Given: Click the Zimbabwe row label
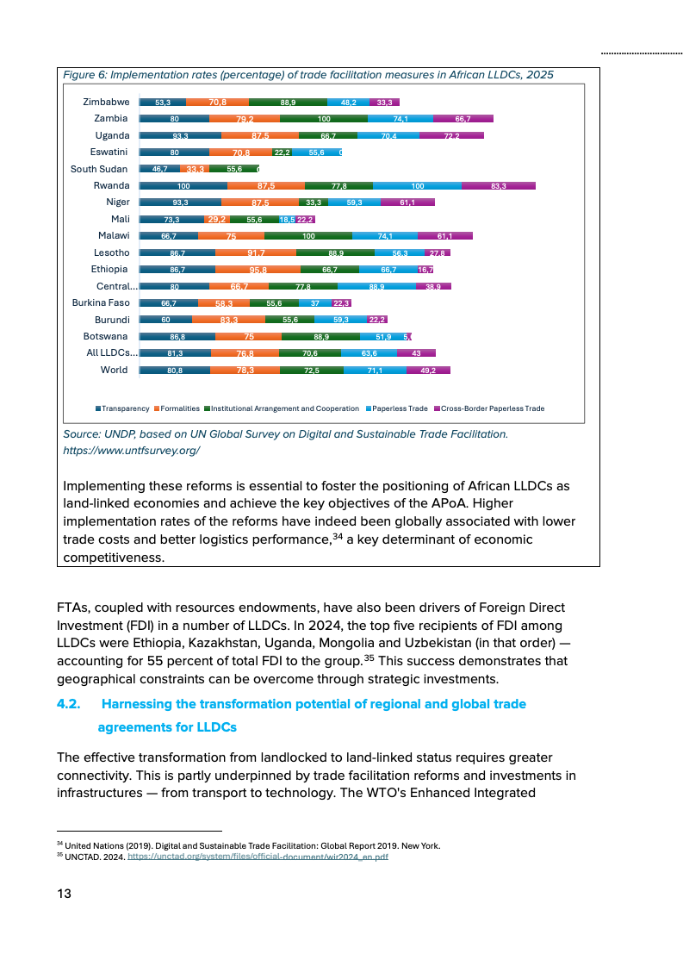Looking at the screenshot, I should click(x=106, y=102).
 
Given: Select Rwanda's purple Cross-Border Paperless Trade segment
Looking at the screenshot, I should click(x=498, y=185).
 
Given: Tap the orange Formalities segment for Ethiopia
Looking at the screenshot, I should click(x=258, y=270).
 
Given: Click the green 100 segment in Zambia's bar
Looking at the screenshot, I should click(x=324, y=119).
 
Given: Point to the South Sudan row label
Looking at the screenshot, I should click(x=98, y=169).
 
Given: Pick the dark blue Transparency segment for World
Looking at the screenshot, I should click(x=175, y=370).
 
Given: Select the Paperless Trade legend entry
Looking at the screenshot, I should click(x=400, y=408).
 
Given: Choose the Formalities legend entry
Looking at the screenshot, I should click(x=179, y=408).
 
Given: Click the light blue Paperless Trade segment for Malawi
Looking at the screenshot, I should click(x=385, y=236).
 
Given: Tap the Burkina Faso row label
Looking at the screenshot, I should click(x=100, y=302).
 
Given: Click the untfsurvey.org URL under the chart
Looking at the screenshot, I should click(x=132, y=450).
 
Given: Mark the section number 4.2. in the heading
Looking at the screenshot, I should click(x=69, y=704).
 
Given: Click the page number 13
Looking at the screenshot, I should click(x=64, y=894).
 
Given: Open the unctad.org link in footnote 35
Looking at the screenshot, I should click(x=258, y=857).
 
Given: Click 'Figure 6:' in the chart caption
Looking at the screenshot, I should click(x=84, y=75).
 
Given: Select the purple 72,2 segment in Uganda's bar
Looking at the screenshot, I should click(x=451, y=135).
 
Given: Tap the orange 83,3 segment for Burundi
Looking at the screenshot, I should click(x=229, y=320).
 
